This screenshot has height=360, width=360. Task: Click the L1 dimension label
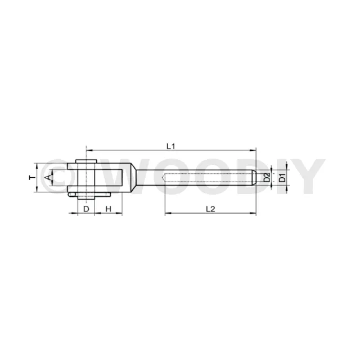(x=170, y=146)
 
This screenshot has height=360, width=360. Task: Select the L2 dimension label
(x=210, y=209)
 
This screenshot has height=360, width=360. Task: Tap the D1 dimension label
(x=282, y=178)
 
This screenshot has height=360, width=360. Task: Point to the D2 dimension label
(x=267, y=178)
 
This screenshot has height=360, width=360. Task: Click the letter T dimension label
(x=33, y=178)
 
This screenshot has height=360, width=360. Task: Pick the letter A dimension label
(x=47, y=178)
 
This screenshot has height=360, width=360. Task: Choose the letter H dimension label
(x=108, y=209)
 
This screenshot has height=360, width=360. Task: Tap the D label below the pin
(x=86, y=209)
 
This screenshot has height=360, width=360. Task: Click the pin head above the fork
(x=86, y=161)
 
